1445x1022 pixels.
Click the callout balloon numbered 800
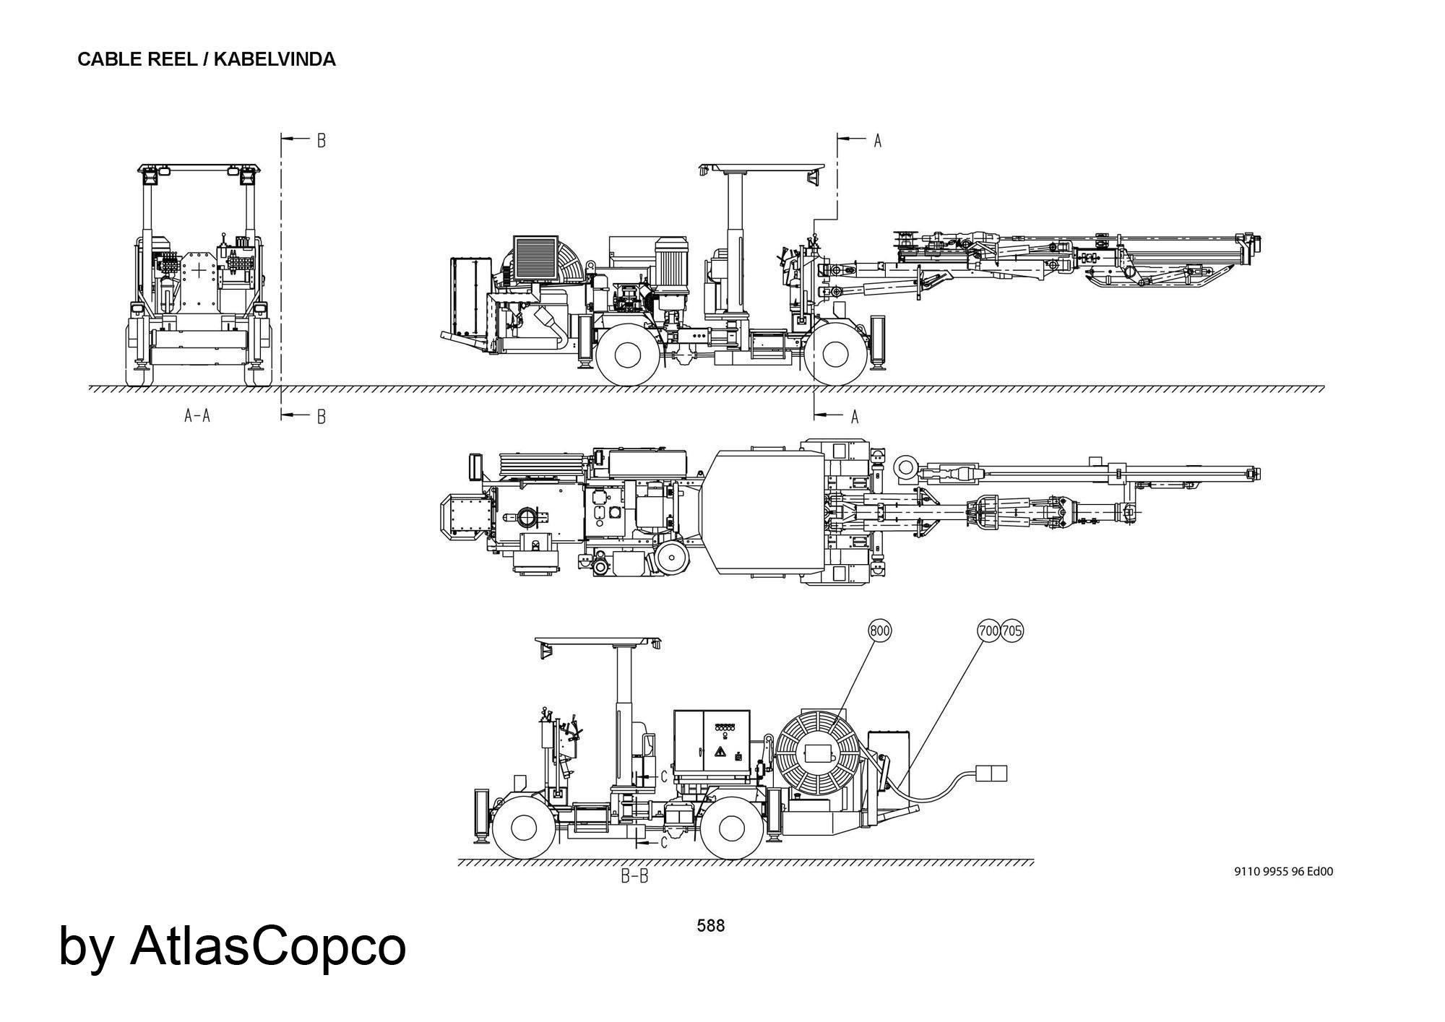[x=879, y=631]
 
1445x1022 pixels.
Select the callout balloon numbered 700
[x=988, y=631]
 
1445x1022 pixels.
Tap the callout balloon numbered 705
[x=1012, y=631]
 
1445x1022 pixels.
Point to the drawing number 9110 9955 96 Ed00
[x=1283, y=872]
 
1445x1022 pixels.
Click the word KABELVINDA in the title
[x=275, y=59]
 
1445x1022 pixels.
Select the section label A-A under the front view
[x=197, y=415]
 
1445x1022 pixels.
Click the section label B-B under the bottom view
[x=634, y=877]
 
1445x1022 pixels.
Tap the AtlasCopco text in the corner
[x=267, y=946]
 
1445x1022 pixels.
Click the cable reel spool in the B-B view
[x=819, y=755]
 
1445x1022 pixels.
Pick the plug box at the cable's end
[x=991, y=773]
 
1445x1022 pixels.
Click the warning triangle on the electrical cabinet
[x=720, y=753]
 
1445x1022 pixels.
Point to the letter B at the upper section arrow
[x=322, y=141]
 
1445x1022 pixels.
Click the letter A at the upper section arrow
[x=878, y=141]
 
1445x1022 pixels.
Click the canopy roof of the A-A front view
[x=199, y=168]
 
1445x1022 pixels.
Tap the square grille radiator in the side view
[x=535, y=258]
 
